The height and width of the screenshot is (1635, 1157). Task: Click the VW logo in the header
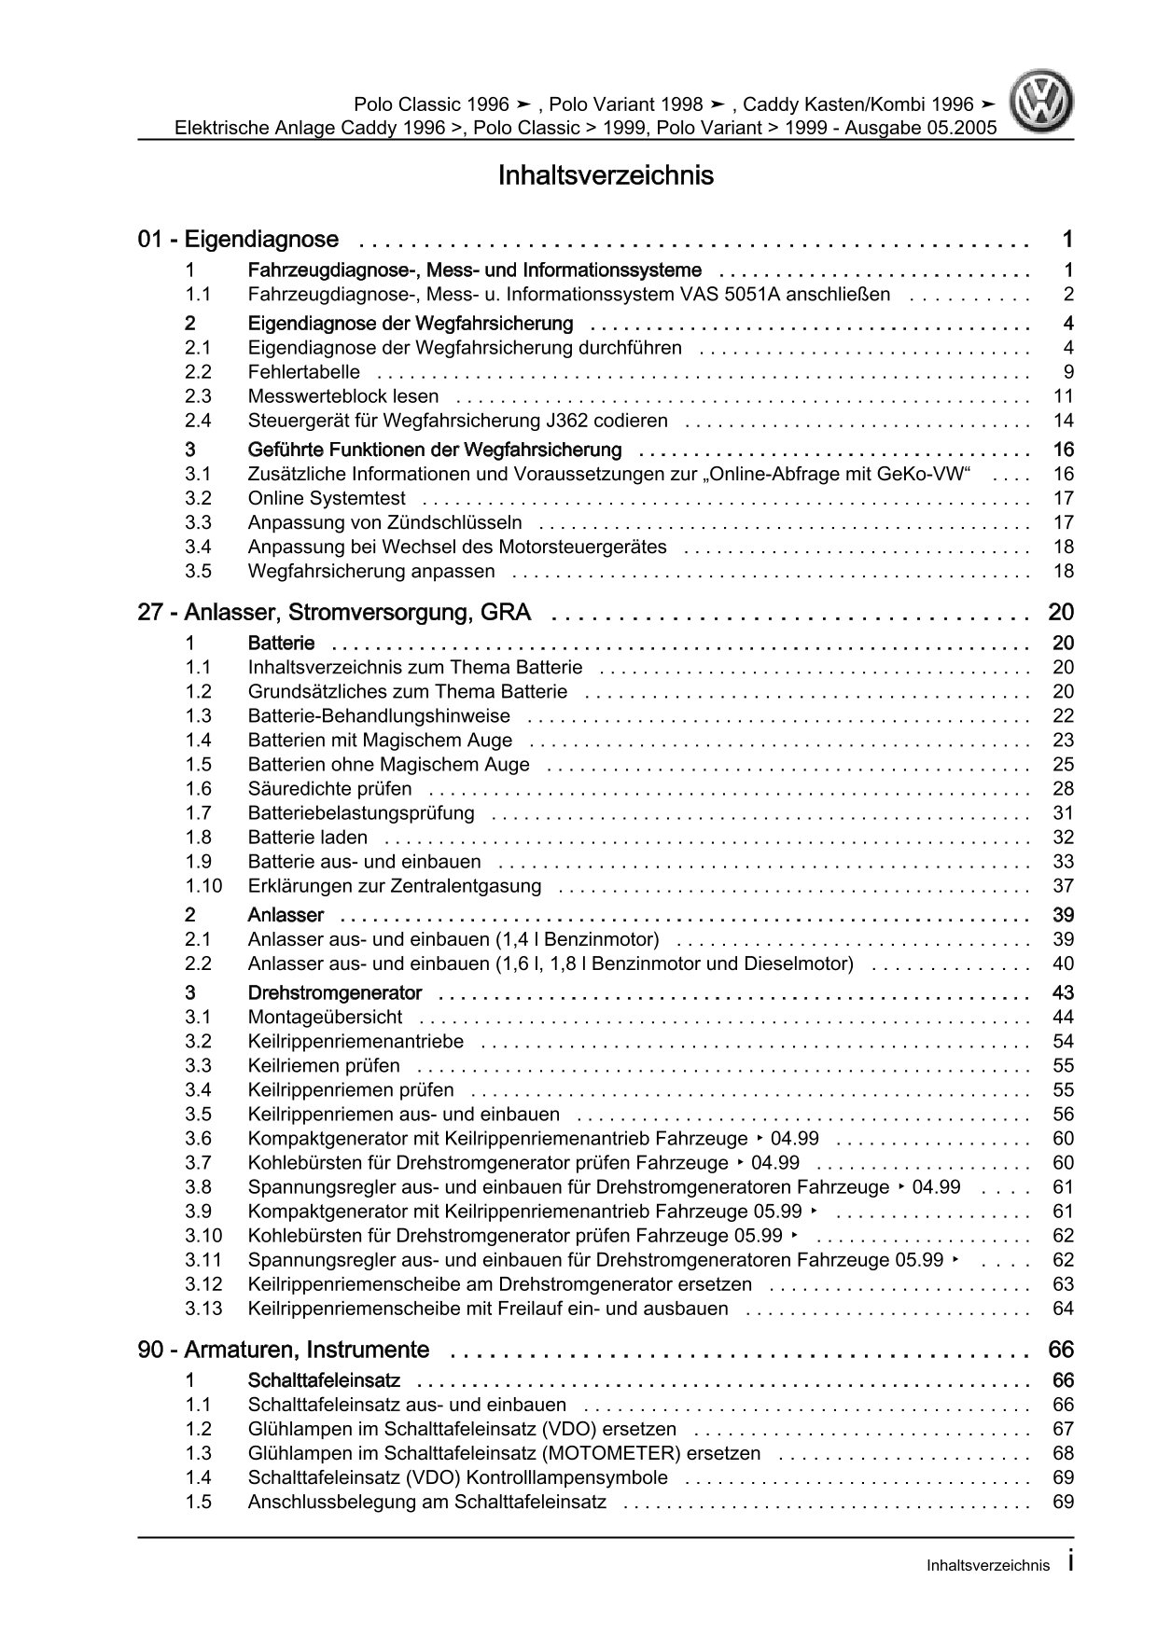pyautogui.click(x=1044, y=103)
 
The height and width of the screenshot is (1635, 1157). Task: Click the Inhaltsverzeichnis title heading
pyautogui.click(x=606, y=175)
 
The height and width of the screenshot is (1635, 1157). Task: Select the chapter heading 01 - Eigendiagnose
pyautogui.click(x=238, y=240)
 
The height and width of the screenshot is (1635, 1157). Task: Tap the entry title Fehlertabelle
pyautogui.click(x=303, y=372)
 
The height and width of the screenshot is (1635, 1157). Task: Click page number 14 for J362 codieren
pyautogui.click(x=1063, y=421)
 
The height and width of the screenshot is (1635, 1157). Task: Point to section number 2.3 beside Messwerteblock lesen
pyautogui.click(x=197, y=396)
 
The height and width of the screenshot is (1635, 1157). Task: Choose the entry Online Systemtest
pyautogui.click(x=327, y=498)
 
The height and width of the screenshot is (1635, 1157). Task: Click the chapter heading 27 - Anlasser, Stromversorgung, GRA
pyautogui.click(x=334, y=613)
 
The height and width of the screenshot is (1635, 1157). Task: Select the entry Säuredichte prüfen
pyautogui.click(x=329, y=789)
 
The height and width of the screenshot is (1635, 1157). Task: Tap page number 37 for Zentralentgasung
pyautogui.click(x=1063, y=886)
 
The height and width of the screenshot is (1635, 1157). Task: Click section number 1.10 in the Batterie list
pyautogui.click(x=202, y=886)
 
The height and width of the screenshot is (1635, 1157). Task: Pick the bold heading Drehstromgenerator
pyautogui.click(x=334, y=993)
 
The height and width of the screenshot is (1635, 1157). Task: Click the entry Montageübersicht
pyautogui.click(x=325, y=1018)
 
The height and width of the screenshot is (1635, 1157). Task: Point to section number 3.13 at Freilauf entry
pyautogui.click(x=202, y=1309)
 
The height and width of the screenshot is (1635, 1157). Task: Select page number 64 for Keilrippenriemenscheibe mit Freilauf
pyautogui.click(x=1063, y=1309)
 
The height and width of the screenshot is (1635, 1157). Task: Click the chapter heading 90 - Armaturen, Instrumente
pyautogui.click(x=284, y=1350)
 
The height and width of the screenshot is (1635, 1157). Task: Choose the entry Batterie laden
pyautogui.click(x=307, y=838)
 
